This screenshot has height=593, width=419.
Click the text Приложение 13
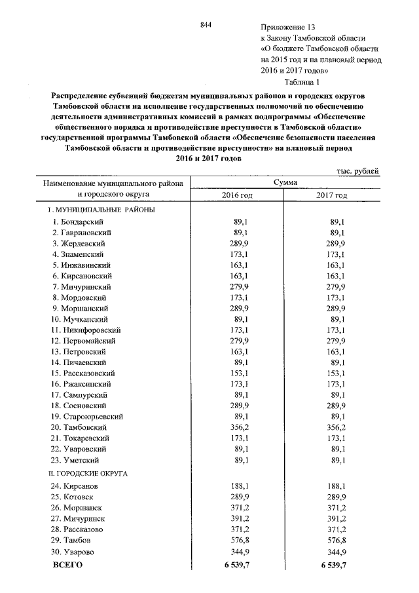click(x=288, y=28)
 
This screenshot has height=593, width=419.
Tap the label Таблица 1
click(x=301, y=82)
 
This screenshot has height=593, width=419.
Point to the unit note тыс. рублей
click(x=357, y=170)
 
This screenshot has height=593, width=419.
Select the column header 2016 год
click(x=237, y=195)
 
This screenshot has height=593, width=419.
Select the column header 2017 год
click(x=332, y=195)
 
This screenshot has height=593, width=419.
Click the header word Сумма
click(x=285, y=182)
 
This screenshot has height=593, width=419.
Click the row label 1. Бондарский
click(x=78, y=223)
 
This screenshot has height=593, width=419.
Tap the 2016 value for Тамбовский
click(x=244, y=426)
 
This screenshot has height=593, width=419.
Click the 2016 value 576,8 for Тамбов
click(x=244, y=540)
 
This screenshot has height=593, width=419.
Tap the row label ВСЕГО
click(x=67, y=565)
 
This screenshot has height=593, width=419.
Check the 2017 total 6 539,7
click(x=333, y=565)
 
